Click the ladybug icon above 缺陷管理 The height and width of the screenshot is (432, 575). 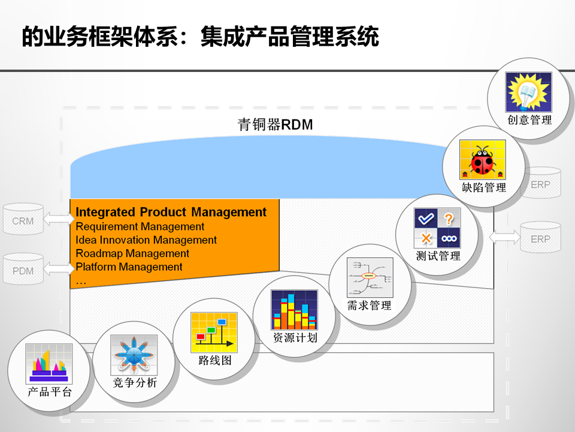483,160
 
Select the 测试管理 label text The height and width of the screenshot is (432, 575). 438,256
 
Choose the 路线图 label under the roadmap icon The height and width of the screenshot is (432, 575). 214,361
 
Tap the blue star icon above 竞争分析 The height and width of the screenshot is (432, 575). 134,355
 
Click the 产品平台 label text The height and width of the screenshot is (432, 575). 50,392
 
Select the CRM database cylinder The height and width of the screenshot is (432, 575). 23,221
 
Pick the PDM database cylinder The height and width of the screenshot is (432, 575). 23,271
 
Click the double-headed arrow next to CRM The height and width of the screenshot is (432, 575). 59,220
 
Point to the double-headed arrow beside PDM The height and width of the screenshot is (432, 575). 59,269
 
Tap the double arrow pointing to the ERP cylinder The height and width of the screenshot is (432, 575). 505,238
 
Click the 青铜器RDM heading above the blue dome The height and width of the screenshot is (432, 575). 276,125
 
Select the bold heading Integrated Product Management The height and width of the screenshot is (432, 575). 171,212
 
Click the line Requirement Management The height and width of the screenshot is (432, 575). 140,226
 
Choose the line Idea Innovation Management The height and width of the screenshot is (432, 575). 146,240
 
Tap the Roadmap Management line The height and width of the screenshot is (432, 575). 132,253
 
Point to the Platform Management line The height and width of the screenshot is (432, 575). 129,266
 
